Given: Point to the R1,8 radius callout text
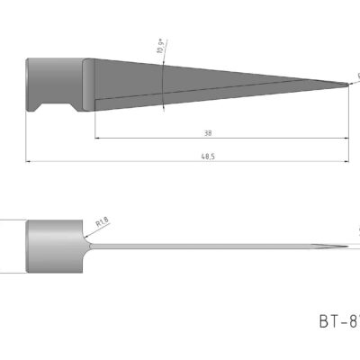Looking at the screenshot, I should pos(103,219).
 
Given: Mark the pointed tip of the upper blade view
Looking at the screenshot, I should pos(348,85).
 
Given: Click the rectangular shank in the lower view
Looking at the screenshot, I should pos(54,245).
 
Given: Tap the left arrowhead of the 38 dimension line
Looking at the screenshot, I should pos(96,139).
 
